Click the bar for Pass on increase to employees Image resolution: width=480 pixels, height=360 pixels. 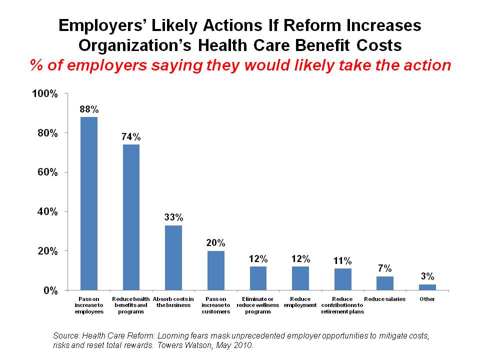(x=89, y=203)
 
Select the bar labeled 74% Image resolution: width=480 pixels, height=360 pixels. (x=131, y=217)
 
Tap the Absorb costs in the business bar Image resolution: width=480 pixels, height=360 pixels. (x=173, y=257)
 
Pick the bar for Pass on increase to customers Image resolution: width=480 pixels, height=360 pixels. (x=216, y=270)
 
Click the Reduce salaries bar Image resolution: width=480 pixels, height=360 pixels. (x=385, y=283)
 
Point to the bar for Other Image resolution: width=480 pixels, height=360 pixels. (x=427, y=287)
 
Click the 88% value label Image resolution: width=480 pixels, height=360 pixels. (x=89, y=109)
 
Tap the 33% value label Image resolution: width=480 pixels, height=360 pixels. (x=173, y=217)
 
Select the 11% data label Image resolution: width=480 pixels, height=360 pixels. (x=343, y=260)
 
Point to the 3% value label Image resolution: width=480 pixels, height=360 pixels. (x=427, y=276)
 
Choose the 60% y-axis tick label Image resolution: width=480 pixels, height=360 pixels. (x=47, y=172)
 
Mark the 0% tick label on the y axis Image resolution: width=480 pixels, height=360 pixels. (x=50, y=290)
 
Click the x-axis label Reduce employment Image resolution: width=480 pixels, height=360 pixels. (x=300, y=302)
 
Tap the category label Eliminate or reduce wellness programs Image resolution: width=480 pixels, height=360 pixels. (x=258, y=305)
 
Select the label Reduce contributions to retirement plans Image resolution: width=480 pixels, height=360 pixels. (x=343, y=305)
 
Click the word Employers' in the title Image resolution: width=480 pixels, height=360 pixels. (x=102, y=26)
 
